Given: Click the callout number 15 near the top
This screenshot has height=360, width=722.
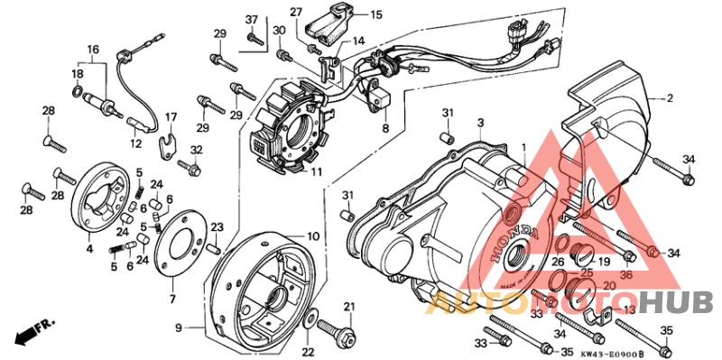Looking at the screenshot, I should click(376, 14).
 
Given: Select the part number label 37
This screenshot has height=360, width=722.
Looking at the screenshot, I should click(252, 20).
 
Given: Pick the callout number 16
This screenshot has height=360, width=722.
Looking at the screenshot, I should click(92, 49).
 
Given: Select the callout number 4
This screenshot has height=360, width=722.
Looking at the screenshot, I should click(89, 247).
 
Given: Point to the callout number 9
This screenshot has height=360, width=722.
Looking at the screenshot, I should click(178, 327).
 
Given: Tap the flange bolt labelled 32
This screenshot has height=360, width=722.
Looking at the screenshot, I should click(190, 166).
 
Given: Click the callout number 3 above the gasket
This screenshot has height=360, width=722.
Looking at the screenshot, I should click(481, 122).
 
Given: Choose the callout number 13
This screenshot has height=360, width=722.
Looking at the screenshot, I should click(629, 309).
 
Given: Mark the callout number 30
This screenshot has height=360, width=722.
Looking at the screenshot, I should click(280, 32).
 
